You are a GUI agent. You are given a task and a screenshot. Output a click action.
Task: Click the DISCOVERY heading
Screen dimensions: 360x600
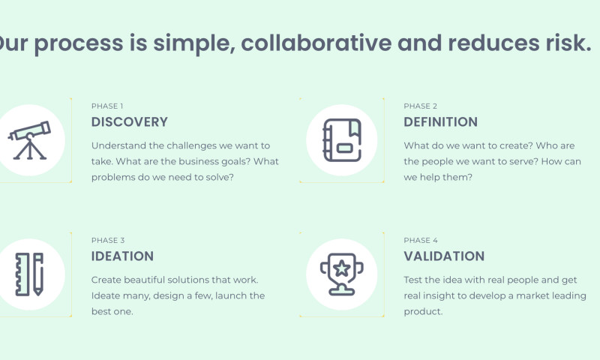pos(129,121)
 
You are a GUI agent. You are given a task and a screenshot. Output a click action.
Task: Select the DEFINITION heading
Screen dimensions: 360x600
pos(440,121)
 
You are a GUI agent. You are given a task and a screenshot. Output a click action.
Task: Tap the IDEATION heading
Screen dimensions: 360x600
pos(122,256)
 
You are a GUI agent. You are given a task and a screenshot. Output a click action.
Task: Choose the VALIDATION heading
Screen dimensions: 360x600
pos(444,256)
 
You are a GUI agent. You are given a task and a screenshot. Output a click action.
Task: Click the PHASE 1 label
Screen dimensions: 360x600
pos(107,106)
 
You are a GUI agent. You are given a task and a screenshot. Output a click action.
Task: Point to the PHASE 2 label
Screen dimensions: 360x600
pos(420,106)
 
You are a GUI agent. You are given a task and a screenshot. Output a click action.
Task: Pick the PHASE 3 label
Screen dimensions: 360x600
pos(108,240)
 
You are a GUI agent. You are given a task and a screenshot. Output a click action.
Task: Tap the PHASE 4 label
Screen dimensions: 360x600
pos(421,240)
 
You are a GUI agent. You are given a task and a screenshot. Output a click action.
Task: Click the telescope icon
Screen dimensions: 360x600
pos(30,140)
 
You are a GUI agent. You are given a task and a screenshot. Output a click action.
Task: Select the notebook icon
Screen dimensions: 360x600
pos(341,140)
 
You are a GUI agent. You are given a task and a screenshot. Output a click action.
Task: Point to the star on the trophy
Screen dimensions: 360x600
pos(341,266)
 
